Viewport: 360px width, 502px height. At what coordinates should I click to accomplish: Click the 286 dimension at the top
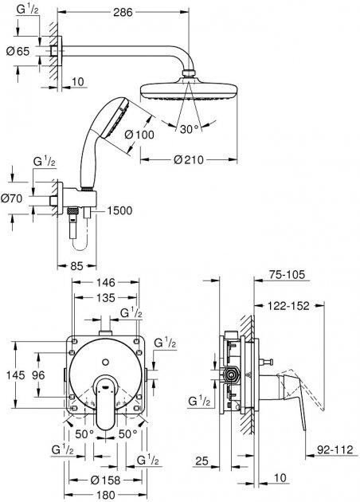[123, 12]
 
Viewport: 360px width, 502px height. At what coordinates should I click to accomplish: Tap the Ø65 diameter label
[18, 51]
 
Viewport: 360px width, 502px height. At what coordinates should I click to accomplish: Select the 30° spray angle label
[189, 129]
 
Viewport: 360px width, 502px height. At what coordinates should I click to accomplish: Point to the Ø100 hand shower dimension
[139, 135]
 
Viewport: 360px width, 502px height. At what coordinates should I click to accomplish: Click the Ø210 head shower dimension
[189, 159]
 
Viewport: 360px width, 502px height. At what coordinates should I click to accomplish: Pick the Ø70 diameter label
[12, 198]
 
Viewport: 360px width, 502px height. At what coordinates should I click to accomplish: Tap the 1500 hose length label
[119, 210]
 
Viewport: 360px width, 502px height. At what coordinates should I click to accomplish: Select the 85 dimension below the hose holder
[76, 265]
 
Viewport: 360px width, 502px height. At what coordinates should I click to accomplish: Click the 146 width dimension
[106, 282]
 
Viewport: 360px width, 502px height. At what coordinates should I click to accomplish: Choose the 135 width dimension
[106, 298]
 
